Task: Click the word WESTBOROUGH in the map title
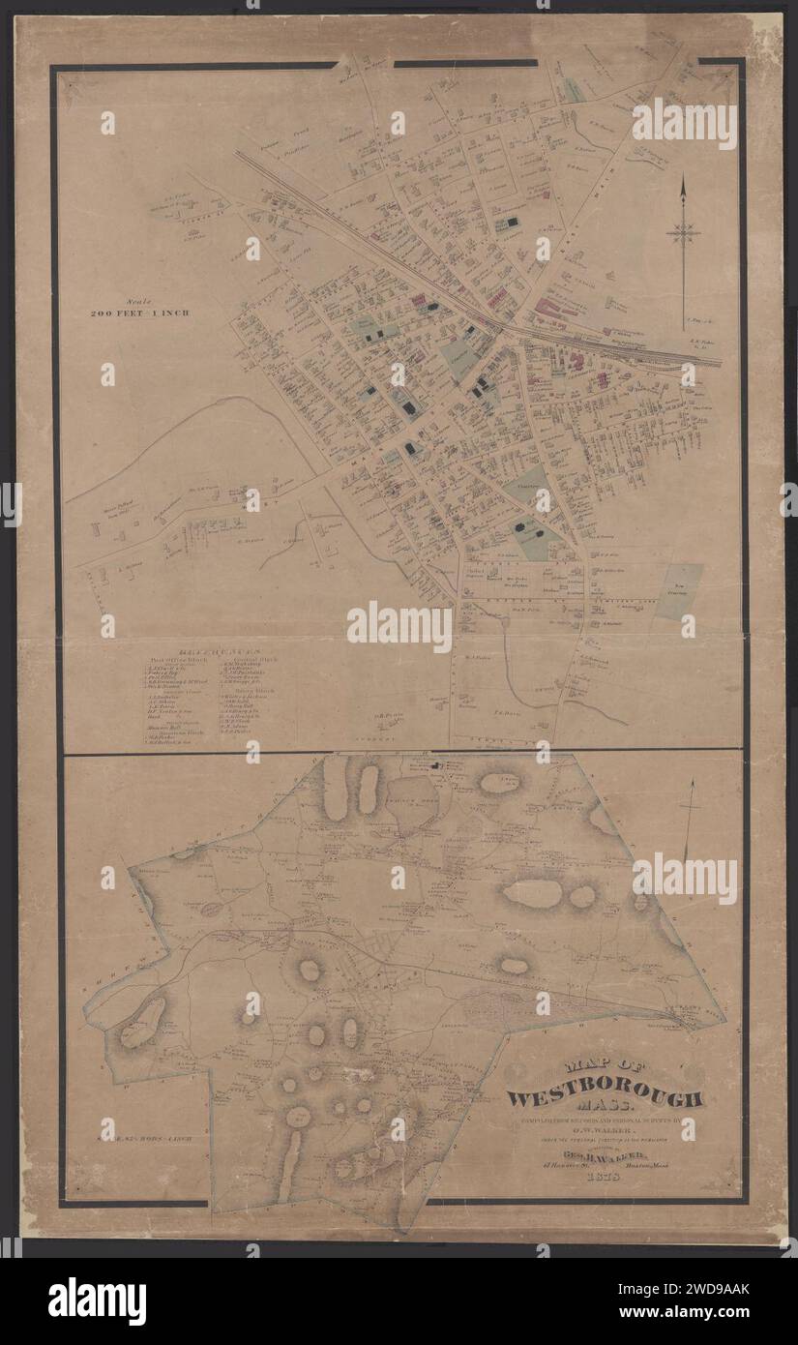point(606,1098)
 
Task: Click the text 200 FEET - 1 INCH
point(140,314)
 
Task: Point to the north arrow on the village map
point(684,232)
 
